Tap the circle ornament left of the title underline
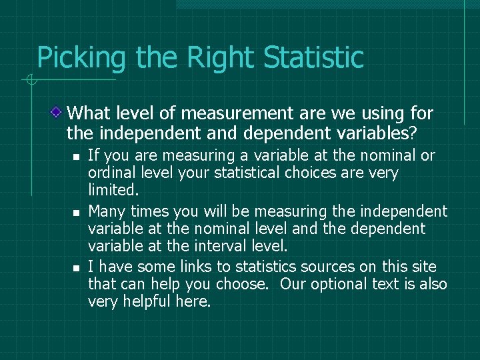pyautogui.click(x=31, y=81)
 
